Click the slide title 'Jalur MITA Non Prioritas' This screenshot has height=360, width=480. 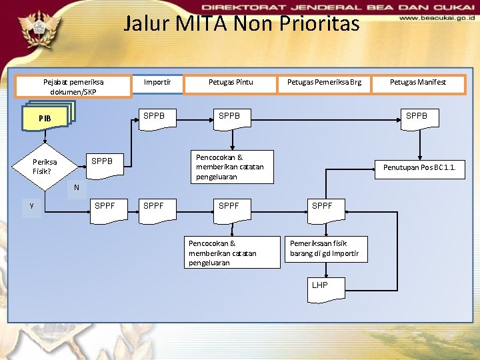pos(241,25)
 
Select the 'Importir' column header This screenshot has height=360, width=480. pos(157,83)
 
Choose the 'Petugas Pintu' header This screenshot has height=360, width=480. pos(231,83)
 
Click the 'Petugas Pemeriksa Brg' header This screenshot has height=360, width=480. pos(324,83)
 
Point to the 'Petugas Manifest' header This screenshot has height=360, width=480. pos(418,83)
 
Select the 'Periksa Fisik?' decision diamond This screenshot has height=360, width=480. pos(45,166)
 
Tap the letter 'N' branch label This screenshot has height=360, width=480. pos(77,187)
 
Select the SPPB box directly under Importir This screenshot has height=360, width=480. pos(155,117)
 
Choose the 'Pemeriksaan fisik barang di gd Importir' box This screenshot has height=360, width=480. pos(325,249)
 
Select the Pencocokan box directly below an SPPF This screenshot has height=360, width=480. pos(232,253)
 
